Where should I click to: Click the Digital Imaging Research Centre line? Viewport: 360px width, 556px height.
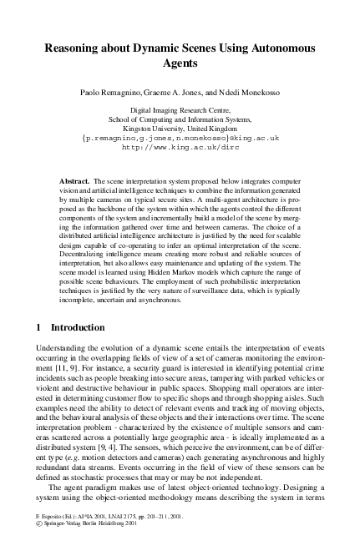click(x=181, y=110)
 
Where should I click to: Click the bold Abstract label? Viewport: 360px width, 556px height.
click(x=76, y=180)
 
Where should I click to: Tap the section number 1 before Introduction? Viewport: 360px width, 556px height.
click(x=31, y=326)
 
